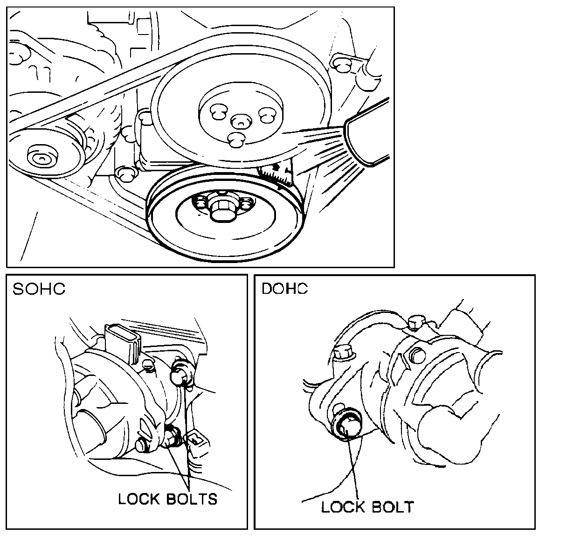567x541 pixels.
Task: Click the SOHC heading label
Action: [x=39, y=289]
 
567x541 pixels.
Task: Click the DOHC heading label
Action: [x=285, y=289]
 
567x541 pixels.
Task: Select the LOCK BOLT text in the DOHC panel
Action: [x=367, y=506]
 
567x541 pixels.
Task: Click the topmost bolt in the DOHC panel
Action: [x=415, y=322]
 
